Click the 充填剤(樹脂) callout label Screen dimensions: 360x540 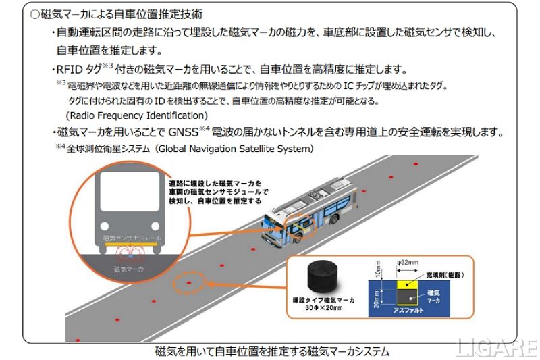pos(446,276)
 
